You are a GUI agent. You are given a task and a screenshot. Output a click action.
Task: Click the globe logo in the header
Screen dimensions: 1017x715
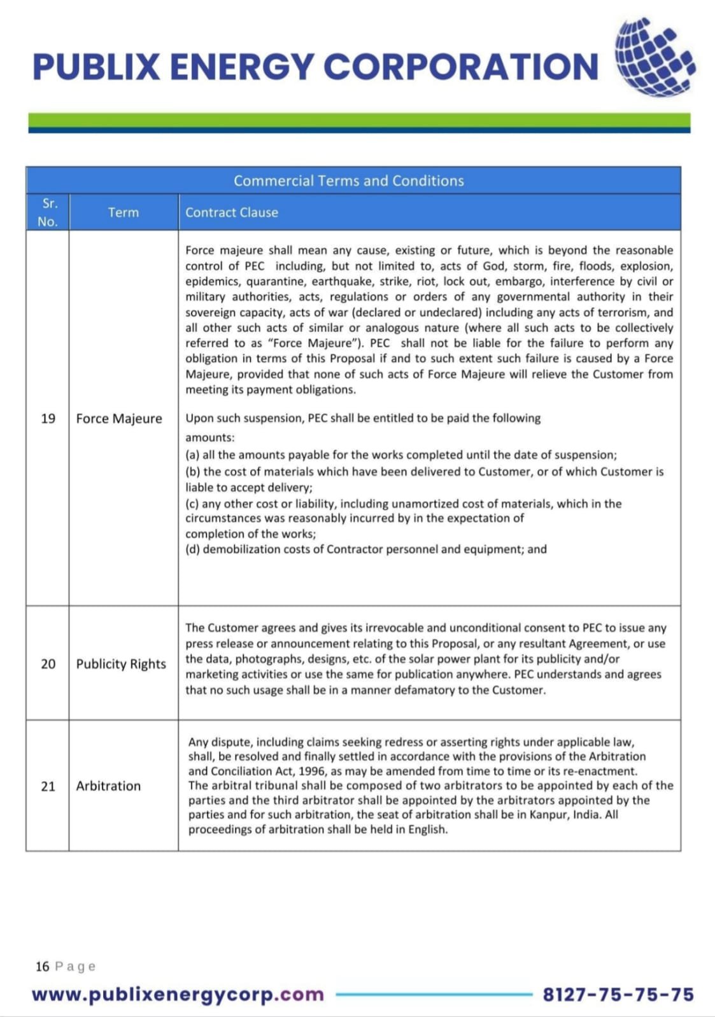[654, 57]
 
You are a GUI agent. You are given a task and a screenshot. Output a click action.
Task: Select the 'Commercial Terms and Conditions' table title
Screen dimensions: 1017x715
[348, 181]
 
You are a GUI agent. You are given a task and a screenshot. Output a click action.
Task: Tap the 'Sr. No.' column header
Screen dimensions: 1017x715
[48, 212]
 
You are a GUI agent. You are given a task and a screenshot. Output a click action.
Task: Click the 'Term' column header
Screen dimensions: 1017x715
[124, 212]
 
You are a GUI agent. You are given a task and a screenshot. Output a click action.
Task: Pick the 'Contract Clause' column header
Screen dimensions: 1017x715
[232, 212]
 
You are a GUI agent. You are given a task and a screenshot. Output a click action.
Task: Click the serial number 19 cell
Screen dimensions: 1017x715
[48, 419]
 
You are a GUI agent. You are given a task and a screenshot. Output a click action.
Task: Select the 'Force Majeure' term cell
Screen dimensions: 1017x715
[119, 419]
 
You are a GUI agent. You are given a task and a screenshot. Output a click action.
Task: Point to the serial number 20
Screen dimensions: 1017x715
[48, 664]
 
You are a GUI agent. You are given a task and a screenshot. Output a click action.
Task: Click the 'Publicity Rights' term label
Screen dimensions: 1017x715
[121, 664]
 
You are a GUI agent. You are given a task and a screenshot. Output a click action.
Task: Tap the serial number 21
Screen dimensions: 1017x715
[48, 786]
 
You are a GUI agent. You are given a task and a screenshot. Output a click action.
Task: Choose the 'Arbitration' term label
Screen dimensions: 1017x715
[108, 786]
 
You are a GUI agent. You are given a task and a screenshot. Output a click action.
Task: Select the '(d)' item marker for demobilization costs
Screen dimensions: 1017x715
[192, 549]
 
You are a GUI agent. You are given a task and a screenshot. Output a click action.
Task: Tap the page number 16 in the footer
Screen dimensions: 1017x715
[42, 967]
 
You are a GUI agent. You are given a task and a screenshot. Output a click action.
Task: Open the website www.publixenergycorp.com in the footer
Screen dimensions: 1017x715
[178, 995]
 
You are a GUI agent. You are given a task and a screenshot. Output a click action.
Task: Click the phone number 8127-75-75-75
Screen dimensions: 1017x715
[618, 995]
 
